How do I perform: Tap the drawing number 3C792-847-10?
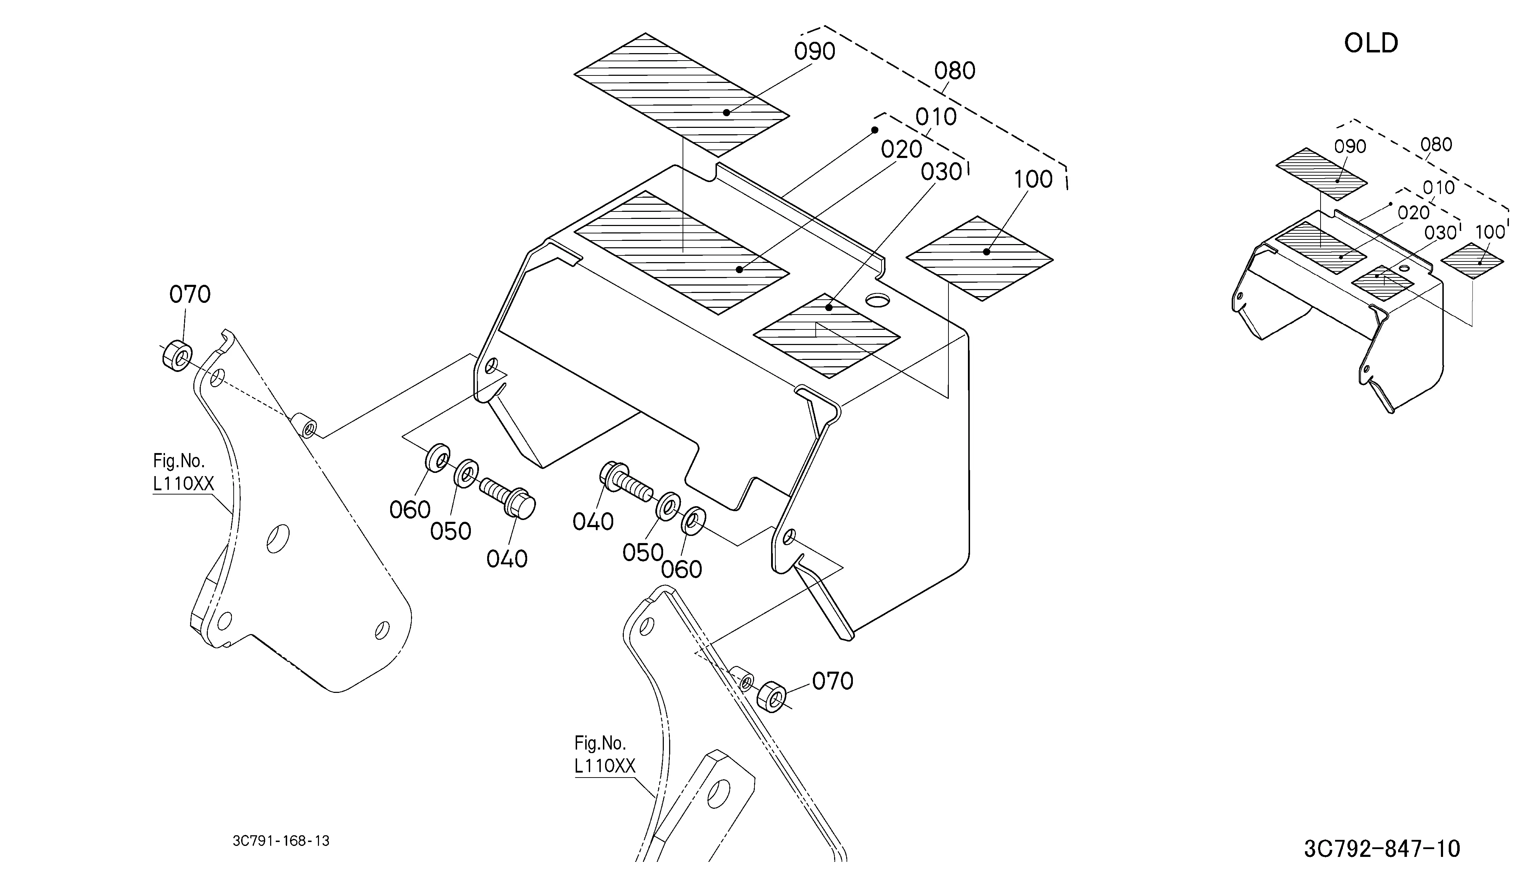(1381, 848)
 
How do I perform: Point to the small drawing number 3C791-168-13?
(281, 841)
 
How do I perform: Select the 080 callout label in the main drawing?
(954, 71)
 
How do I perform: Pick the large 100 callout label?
(1033, 180)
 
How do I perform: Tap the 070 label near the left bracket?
(190, 295)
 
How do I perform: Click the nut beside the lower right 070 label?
(772, 697)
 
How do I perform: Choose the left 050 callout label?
(451, 531)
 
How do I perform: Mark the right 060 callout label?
(681, 569)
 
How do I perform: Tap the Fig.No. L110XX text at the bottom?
(605, 754)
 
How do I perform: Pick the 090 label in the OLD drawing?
(1350, 147)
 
